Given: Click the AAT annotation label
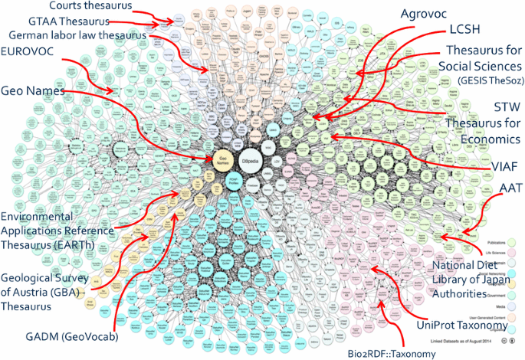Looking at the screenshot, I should [510, 188].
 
